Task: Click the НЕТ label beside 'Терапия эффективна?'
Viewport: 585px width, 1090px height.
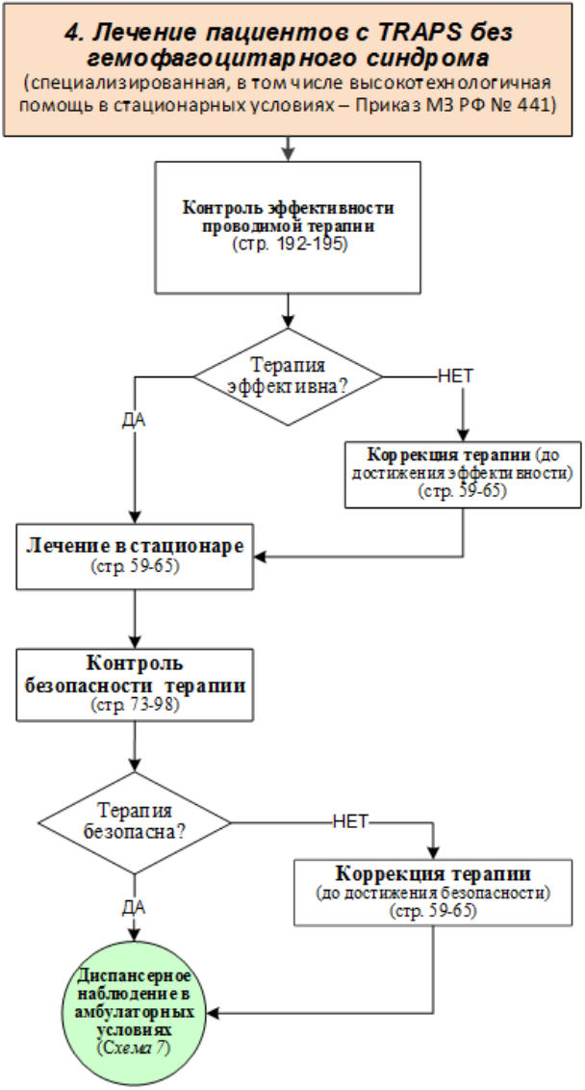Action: click(x=456, y=376)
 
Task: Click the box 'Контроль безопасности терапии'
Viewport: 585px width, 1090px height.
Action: click(x=135, y=684)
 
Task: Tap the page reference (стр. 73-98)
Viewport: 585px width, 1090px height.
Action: click(x=135, y=706)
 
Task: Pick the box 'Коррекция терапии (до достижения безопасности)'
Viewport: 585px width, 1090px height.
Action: click(x=434, y=891)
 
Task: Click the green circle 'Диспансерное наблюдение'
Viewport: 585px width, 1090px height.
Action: click(x=134, y=1012)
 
